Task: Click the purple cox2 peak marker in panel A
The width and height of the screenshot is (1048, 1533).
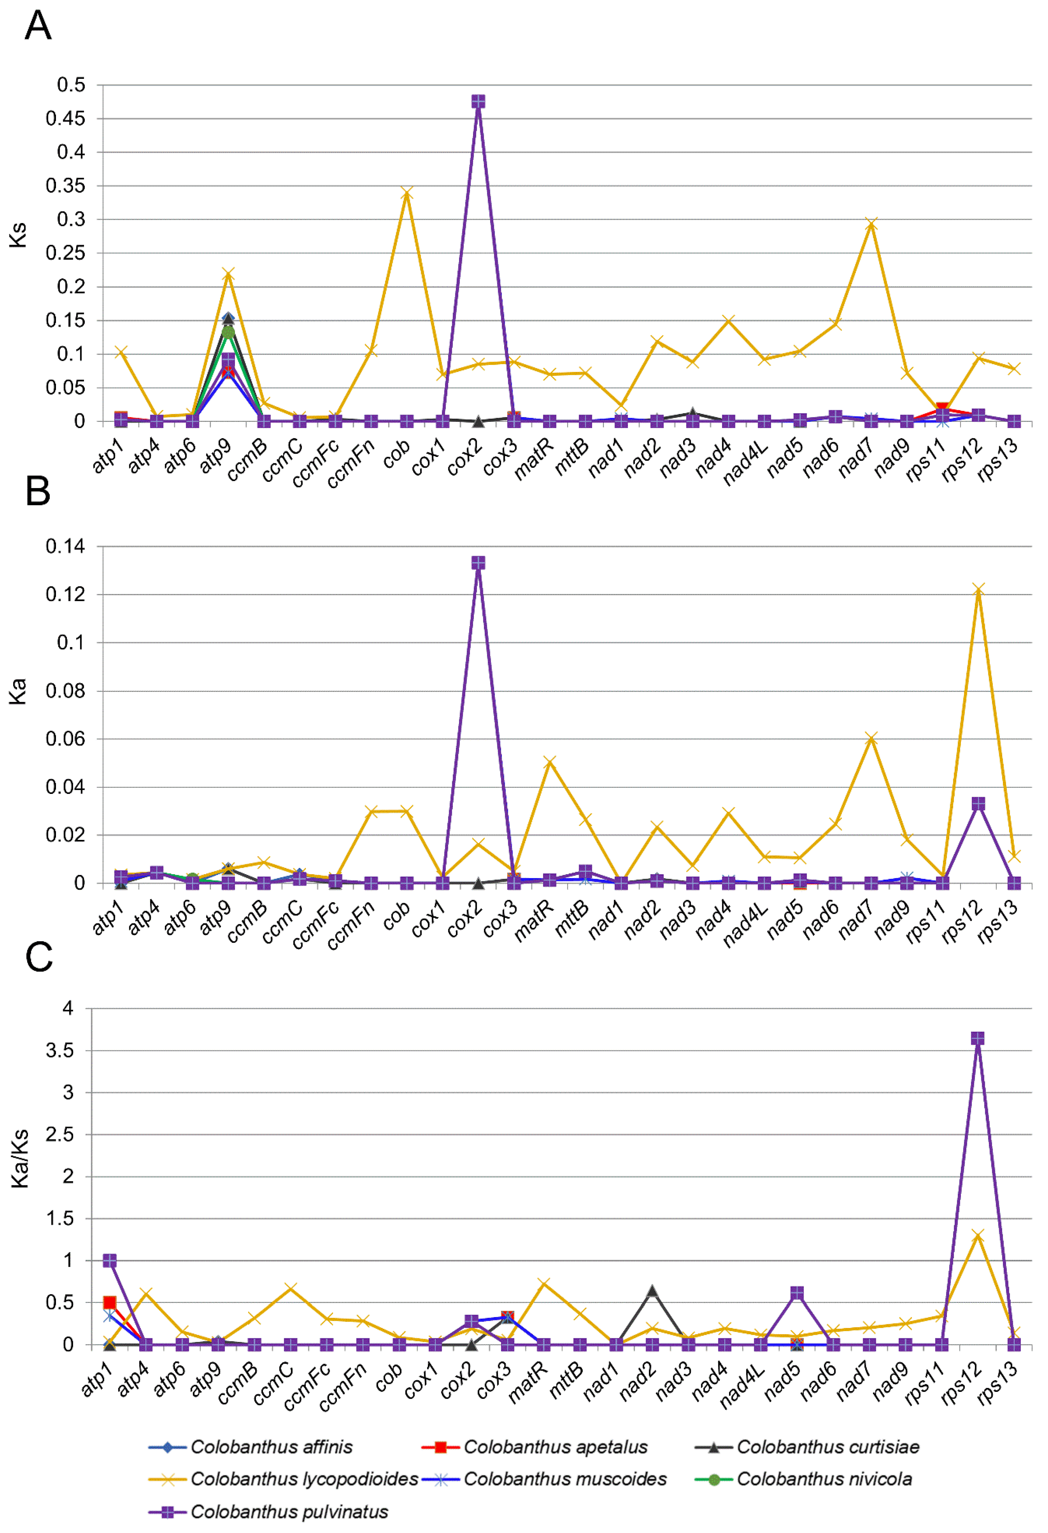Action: (x=478, y=102)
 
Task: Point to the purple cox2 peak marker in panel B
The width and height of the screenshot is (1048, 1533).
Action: (x=478, y=563)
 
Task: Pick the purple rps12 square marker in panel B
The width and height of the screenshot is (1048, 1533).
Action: (x=978, y=803)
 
